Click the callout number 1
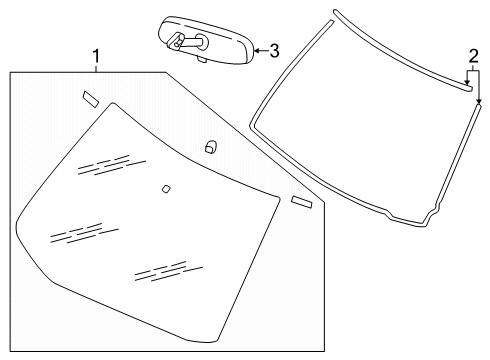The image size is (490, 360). [96, 57]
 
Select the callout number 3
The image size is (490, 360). [273, 47]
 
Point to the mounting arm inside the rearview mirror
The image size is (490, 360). [186, 42]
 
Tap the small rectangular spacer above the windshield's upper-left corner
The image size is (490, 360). [90, 97]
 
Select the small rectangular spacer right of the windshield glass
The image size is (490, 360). [302, 203]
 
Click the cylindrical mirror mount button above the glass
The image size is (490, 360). [210, 146]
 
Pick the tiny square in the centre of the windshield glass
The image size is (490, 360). [165, 187]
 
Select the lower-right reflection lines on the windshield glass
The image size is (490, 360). [160, 269]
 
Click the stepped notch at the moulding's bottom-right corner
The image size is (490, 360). [433, 216]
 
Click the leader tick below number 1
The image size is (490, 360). [96, 68]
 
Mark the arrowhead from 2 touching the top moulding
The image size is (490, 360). [467, 88]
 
